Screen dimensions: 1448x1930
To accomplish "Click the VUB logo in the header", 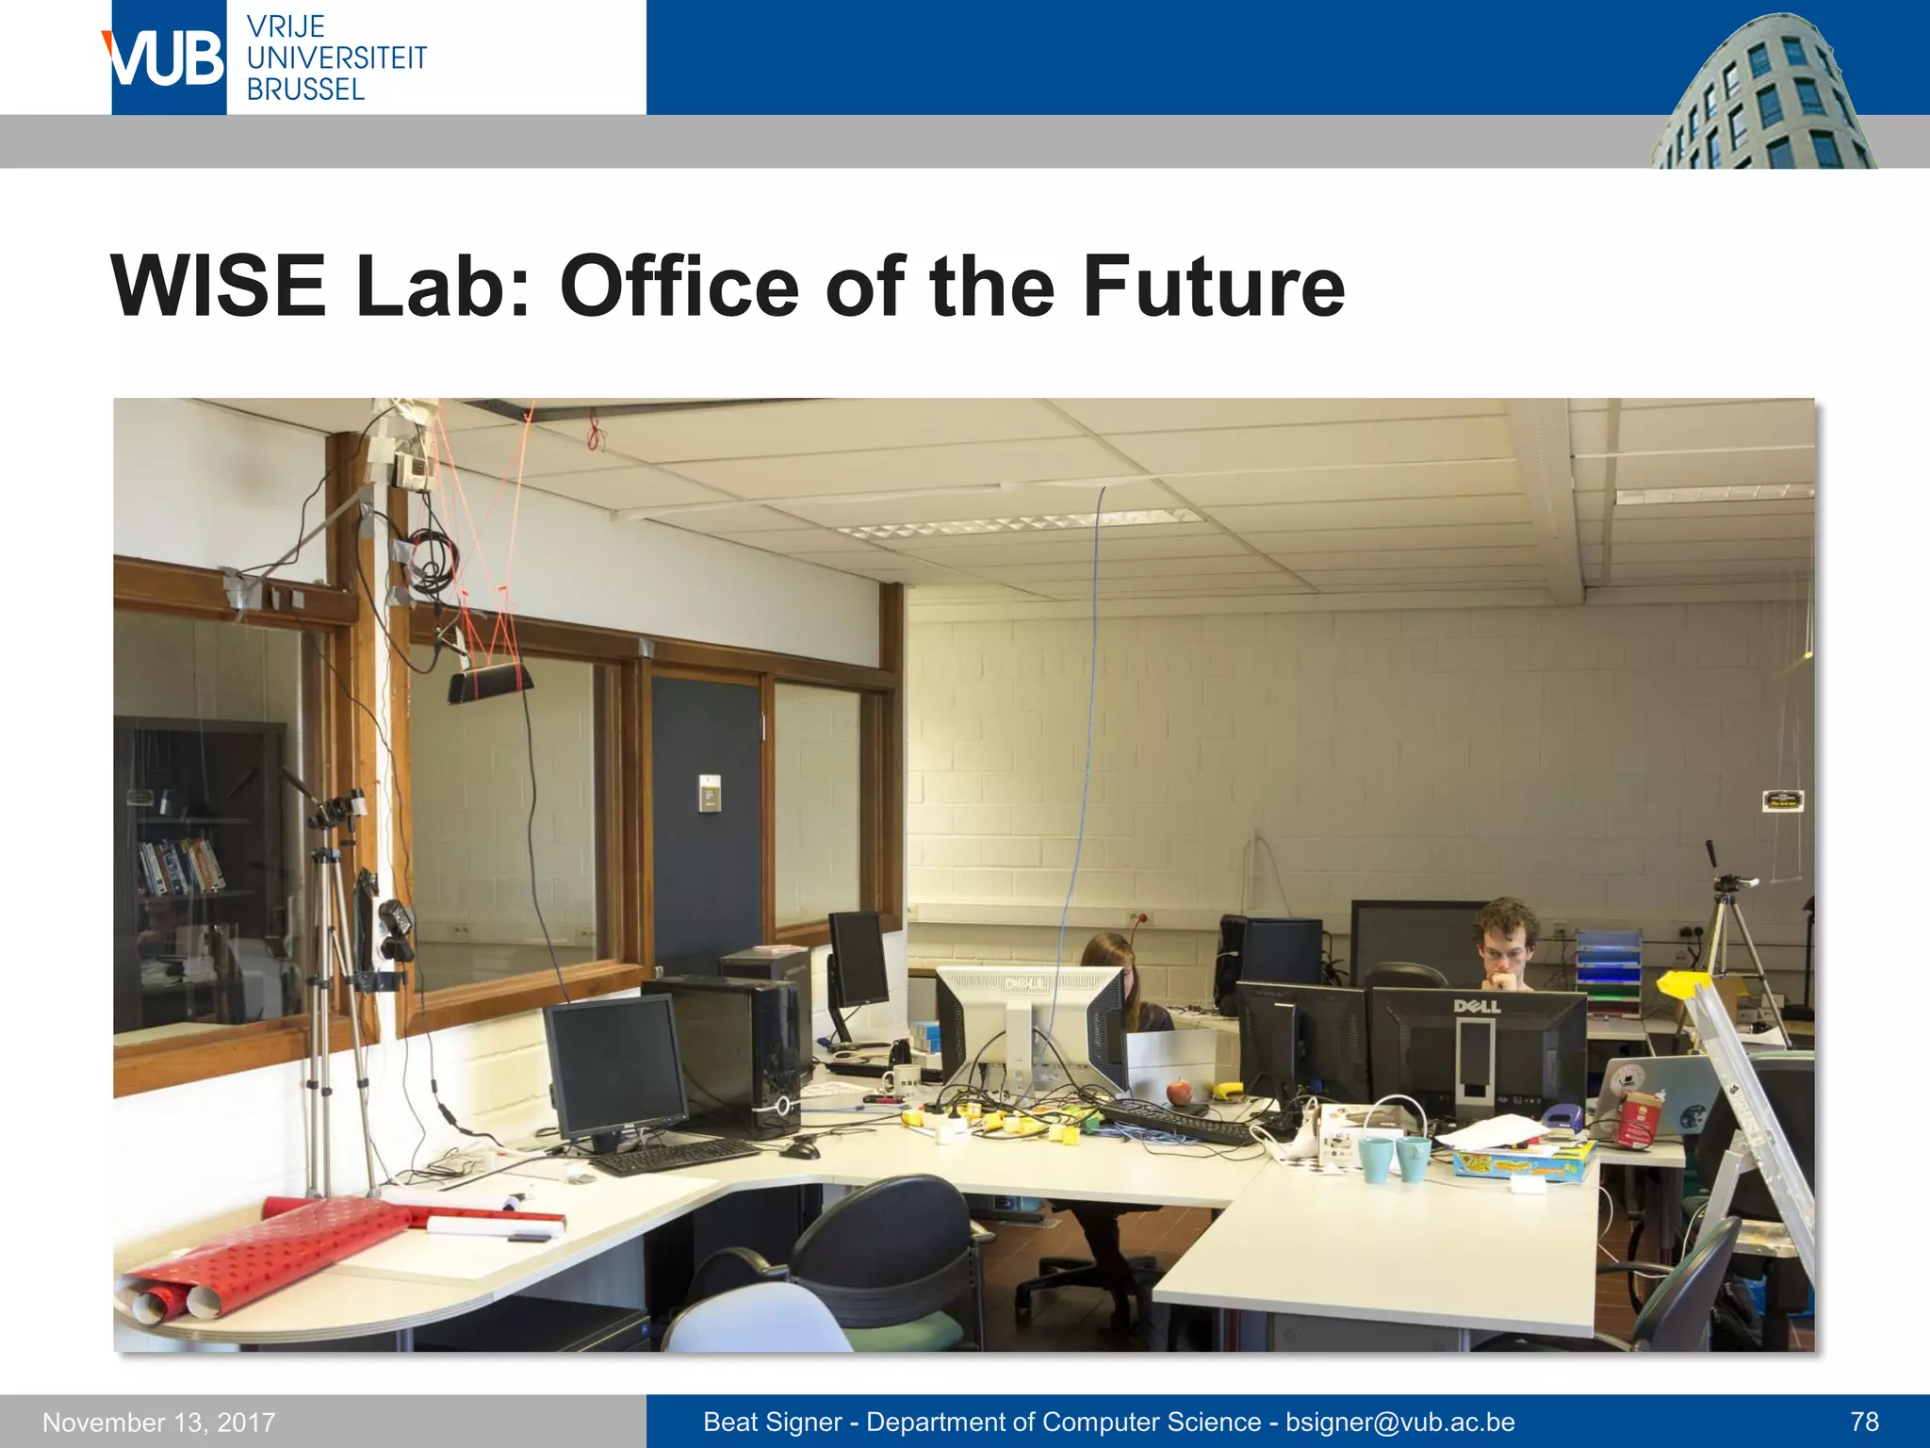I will [168, 58].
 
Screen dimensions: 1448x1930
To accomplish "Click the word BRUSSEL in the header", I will [305, 90].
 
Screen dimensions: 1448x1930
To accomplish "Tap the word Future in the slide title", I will [1213, 287].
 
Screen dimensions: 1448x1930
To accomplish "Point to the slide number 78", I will [1864, 1422].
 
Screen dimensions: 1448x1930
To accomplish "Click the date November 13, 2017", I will [158, 1423].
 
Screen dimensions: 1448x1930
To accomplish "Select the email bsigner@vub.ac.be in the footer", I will [1400, 1422].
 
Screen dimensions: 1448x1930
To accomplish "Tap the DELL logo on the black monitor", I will [1477, 1007].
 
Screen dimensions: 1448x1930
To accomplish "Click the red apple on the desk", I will [1178, 1092].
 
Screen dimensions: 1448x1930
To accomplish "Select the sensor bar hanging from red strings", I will [490, 682].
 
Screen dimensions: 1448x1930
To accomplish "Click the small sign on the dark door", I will [710, 793].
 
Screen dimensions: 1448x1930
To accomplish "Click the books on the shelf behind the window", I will [181, 865].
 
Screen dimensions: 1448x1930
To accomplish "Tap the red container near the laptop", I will [1641, 1119].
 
